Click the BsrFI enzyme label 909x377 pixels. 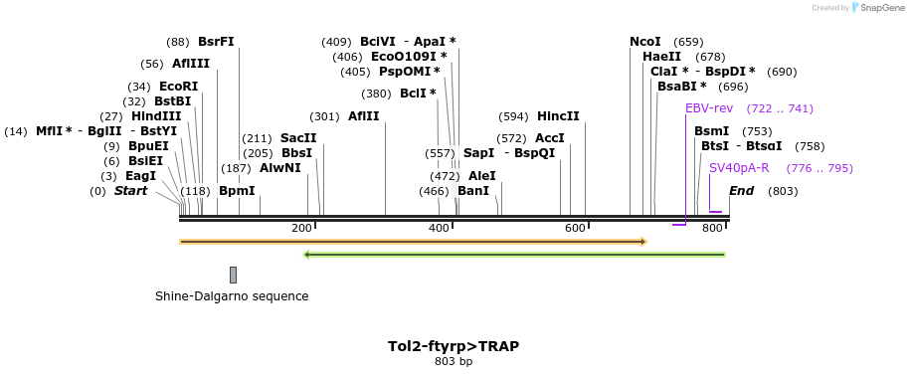pos(216,42)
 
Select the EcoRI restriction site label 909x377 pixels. pos(178,87)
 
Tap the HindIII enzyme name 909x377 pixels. pos(156,116)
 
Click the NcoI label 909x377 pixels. pos(644,42)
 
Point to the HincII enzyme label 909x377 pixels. pos(558,116)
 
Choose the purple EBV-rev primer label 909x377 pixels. pos(708,108)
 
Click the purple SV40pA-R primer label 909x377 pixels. pos(740,168)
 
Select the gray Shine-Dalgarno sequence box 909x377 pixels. pos(233,275)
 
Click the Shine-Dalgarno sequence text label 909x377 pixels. pos(232,296)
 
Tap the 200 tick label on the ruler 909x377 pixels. pos(301,229)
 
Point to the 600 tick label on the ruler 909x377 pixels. pos(575,229)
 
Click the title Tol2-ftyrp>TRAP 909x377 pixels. pos(454,346)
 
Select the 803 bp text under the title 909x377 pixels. pos(454,362)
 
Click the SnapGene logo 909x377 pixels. pos(876,8)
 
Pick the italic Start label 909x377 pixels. pos(130,191)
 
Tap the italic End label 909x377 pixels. pos(741,191)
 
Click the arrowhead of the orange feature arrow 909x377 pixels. pos(643,242)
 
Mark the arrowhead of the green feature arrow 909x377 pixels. pos(307,255)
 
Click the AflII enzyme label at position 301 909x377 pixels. pos(363,116)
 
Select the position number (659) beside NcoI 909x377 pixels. pos(688,42)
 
